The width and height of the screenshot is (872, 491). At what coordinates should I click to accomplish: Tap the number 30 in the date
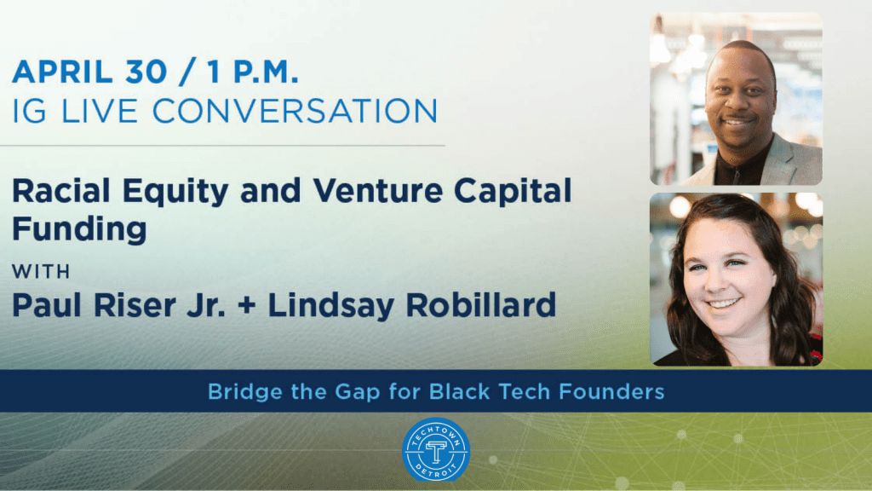tap(146, 72)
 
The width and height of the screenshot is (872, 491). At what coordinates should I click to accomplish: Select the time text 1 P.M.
tap(253, 72)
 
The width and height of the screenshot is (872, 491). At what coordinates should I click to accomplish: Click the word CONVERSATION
tap(295, 111)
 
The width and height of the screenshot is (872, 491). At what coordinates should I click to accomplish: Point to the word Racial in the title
tap(60, 191)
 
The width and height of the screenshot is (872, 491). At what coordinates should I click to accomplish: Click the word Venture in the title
tap(378, 191)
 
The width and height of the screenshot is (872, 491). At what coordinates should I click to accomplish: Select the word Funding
tap(79, 228)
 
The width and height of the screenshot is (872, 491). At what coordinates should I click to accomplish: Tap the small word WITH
tap(41, 272)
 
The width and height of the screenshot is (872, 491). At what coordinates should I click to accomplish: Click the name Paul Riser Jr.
tap(118, 305)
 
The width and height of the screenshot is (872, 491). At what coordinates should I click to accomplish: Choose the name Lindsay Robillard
tap(411, 305)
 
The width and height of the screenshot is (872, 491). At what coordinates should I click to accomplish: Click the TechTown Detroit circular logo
tap(436, 450)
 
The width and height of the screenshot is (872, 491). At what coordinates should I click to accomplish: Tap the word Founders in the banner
tap(611, 391)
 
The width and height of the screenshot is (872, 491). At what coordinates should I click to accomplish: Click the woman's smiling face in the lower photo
tap(726, 279)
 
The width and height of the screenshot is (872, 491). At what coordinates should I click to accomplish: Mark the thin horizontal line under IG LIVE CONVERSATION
tap(222, 146)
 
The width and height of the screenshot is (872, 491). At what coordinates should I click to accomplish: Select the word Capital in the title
tap(513, 191)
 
